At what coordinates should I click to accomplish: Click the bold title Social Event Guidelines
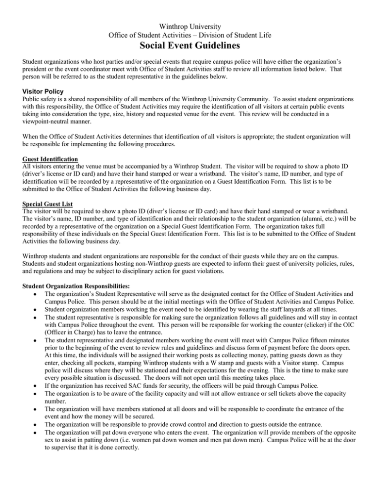point(190,47)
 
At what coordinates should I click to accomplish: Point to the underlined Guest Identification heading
point(37,160)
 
